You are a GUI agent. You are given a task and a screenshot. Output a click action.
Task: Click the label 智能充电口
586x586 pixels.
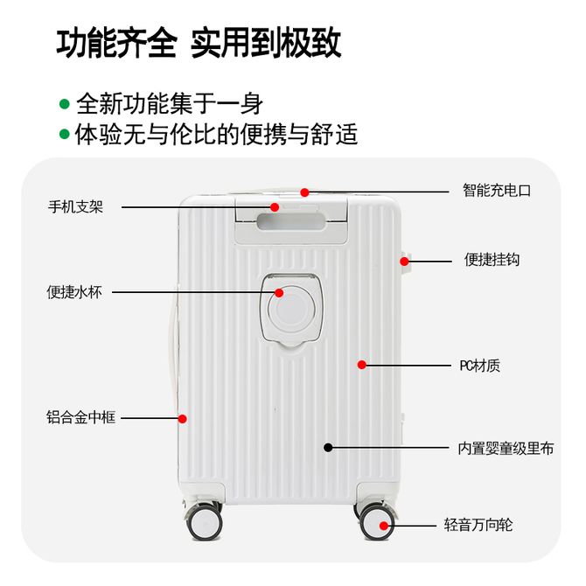click(496, 191)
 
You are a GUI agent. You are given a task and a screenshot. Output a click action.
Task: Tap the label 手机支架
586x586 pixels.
click(75, 207)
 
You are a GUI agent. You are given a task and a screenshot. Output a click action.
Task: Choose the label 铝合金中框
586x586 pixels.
click(81, 418)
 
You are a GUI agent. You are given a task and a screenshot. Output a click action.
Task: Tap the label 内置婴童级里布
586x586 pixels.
click(506, 448)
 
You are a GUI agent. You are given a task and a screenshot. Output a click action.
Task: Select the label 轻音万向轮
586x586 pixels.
click(478, 526)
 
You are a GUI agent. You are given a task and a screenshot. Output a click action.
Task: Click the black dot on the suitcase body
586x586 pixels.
click(328, 447)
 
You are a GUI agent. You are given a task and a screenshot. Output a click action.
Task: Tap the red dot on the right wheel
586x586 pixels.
click(384, 525)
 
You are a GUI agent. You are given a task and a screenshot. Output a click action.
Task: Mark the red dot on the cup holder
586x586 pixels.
click(279, 292)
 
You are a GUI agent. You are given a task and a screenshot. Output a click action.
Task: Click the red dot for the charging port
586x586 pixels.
click(304, 192)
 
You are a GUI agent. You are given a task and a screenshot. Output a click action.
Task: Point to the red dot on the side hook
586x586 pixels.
click(406, 260)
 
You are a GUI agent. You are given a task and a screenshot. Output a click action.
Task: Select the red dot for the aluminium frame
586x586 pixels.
click(183, 418)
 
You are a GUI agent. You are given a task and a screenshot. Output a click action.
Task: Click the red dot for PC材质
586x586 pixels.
click(361, 365)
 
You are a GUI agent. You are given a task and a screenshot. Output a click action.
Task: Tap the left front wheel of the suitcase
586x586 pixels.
click(205, 522)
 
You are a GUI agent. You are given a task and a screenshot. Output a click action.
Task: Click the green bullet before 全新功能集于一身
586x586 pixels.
click(64, 104)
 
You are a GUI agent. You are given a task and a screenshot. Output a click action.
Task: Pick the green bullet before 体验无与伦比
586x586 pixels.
click(64, 135)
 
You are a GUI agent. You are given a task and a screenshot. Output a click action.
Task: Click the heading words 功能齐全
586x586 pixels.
click(116, 43)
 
